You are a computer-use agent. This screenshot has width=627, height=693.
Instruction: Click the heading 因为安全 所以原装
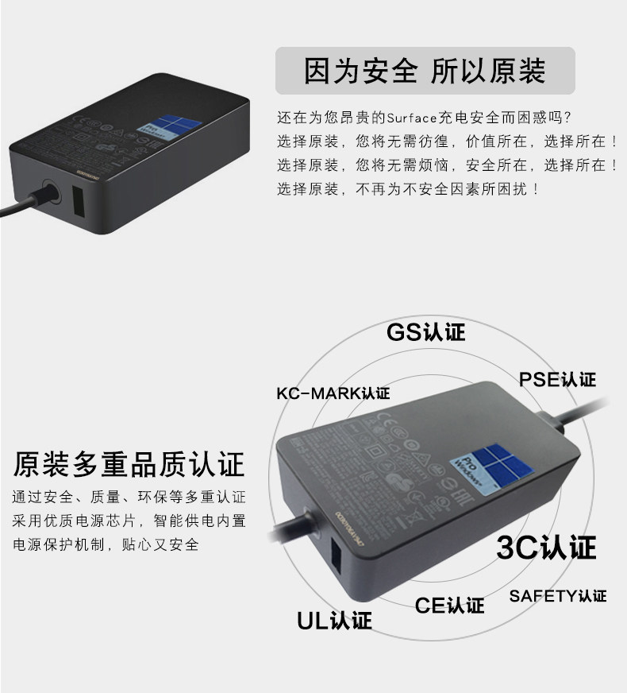pos(425,71)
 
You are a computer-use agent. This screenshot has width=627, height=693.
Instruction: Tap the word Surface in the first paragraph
pos(411,118)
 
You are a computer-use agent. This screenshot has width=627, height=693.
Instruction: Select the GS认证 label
pos(425,331)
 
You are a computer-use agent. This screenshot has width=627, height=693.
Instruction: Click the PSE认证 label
pos(557,379)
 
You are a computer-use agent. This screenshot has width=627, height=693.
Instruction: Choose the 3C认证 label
pos(546,547)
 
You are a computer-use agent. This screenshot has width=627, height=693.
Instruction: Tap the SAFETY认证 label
pos(557,595)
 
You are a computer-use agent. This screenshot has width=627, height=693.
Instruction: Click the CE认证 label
pos(449,606)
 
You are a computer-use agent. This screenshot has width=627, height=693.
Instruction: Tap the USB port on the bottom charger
pos(334,561)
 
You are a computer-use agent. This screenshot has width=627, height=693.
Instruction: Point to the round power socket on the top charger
pos(49,193)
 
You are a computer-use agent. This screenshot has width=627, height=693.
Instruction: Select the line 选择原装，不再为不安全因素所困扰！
pos(409,189)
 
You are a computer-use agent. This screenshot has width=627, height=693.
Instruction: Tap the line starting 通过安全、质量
pos(129,497)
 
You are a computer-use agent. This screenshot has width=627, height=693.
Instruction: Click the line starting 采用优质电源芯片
pos(129,521)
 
